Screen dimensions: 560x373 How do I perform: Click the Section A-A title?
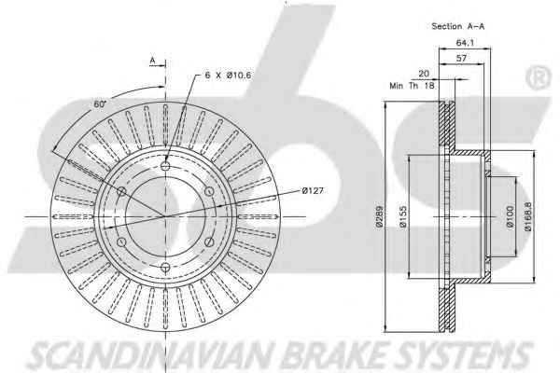pos(458,26)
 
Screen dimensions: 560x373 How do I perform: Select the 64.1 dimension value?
pos(465,43)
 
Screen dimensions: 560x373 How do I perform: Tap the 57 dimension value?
pos(461,58)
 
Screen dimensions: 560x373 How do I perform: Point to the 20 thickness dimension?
pos(424,74)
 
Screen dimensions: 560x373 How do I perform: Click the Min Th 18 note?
pos(413,86)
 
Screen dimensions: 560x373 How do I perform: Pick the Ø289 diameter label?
pos(379,216)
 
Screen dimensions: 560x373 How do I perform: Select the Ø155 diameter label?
pos(403,216)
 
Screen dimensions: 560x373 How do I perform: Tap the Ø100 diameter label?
pos(510,216)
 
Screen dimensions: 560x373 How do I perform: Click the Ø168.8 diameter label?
pos(528,216)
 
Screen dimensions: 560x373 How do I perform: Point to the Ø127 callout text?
pos(313,190)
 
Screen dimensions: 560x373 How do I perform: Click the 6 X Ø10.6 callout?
pos(229,76)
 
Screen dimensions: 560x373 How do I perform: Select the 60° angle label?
pos(101,104)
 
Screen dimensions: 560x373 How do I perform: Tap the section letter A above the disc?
pos(152,61)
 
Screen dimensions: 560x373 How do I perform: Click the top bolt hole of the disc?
pos(165,166)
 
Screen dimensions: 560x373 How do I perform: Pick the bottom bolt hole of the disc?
pos(165,267)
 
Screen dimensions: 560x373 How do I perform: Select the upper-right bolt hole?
pos(209,191)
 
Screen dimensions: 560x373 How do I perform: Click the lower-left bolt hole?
pos(121,242)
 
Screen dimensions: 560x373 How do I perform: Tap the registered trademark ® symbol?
pos(539,77)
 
